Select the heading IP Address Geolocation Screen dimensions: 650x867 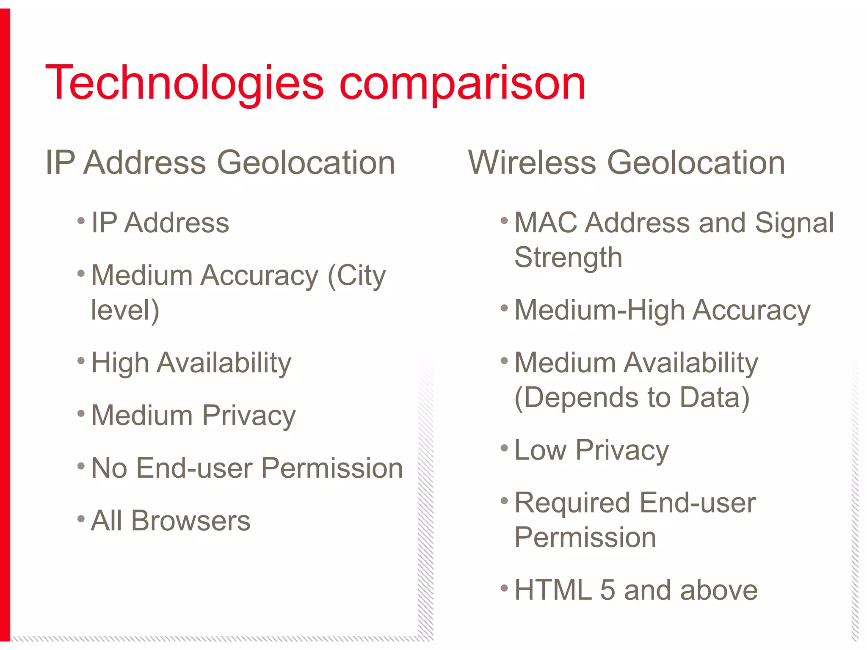[220, 162]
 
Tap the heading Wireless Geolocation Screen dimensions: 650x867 [627, 162]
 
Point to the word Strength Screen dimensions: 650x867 [568, 258]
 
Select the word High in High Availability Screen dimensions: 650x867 [120, 363]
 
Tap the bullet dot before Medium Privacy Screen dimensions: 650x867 [81, 413]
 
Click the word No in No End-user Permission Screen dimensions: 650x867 [109, 468]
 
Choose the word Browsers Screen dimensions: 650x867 [191, 521]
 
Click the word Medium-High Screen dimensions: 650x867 [599, 310]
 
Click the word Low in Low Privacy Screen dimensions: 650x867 [540, 450]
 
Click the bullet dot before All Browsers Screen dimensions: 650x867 [81, 518]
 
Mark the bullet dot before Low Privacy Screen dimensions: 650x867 [504, 448]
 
